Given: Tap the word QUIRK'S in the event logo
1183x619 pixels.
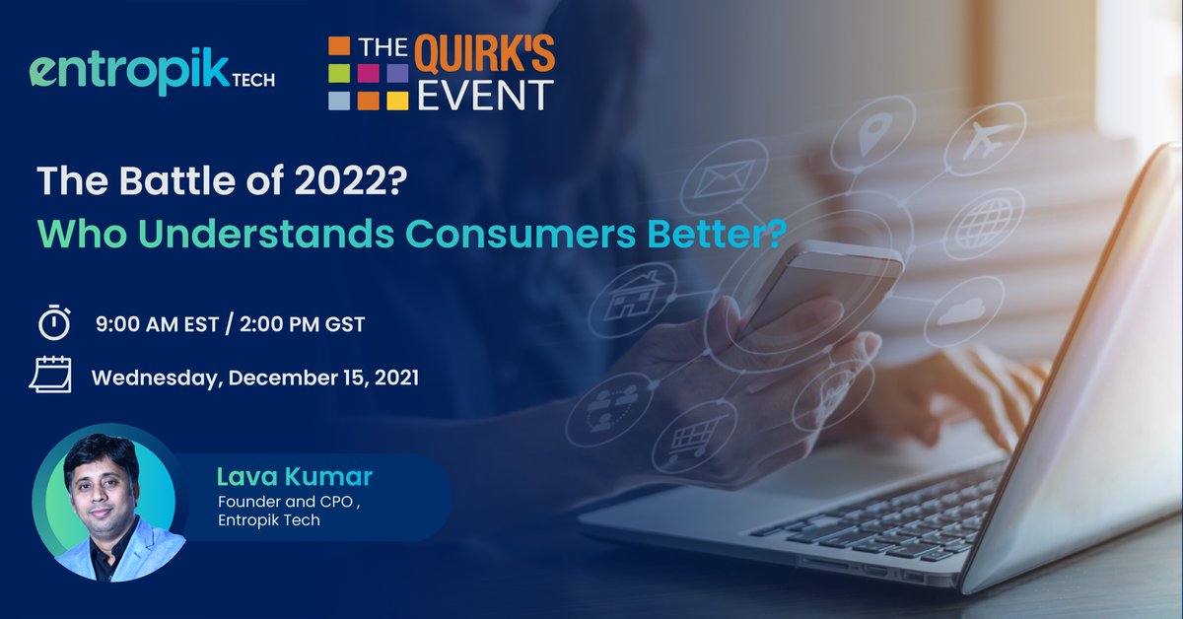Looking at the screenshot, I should click(x=484, y=56).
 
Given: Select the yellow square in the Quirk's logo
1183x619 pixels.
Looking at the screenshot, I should click(x=396, y=100).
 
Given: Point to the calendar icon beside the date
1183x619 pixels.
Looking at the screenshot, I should click(x=50, y=377).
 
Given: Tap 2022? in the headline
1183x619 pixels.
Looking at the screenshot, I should click(x=349, y=183).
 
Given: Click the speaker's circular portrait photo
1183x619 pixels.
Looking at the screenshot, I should click(x=108, y=503).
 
